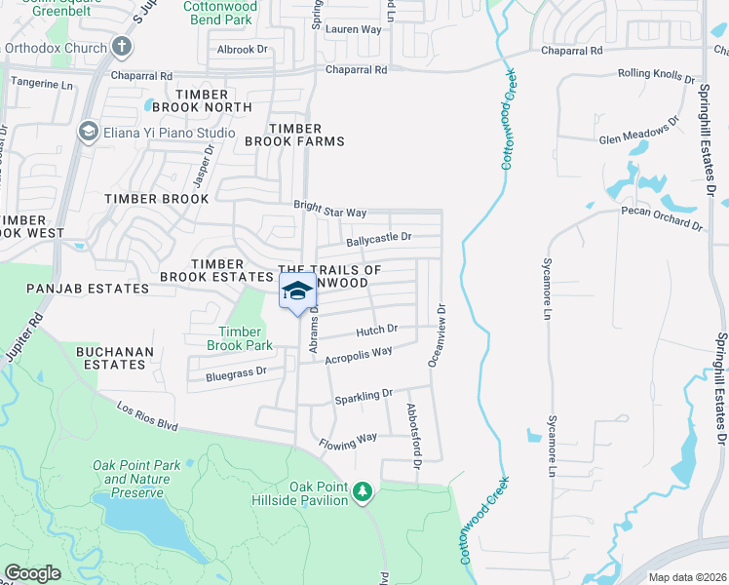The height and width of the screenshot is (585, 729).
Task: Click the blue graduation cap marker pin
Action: pos(298,292)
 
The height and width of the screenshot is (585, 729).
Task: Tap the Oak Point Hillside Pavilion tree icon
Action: pos(363,490)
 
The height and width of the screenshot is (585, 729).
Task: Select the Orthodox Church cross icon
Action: pos(121,46)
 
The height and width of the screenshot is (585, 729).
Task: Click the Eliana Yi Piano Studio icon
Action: pos(88,133)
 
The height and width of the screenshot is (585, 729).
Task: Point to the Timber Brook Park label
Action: pos(240,338)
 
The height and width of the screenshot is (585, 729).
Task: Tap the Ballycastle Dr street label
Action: pos(379,238)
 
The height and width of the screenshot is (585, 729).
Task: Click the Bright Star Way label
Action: pos(330,210)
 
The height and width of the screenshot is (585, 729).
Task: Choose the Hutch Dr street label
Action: pos(377,331)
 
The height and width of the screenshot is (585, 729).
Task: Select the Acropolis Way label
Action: pos(359,354)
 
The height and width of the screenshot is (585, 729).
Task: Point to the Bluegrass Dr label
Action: pos(236,373)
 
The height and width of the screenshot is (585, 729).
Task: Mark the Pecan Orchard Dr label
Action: pos(662,217)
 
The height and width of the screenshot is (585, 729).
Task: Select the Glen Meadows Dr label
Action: pos(638,132)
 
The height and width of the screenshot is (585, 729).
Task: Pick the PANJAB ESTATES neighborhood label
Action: pos(74,289)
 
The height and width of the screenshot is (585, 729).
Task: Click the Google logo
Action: pos(32,573)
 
